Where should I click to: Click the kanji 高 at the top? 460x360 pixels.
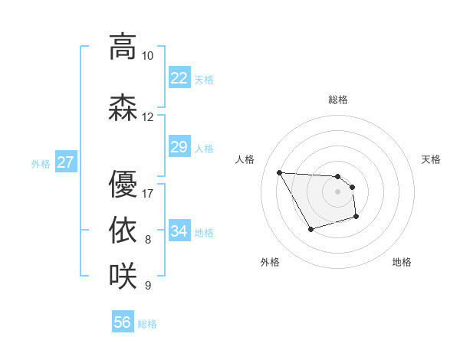tap(122, 47)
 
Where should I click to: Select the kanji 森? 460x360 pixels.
tap(122, 107)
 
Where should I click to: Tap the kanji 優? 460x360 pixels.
tap(122, 184)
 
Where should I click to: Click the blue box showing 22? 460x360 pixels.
tap(179, 78)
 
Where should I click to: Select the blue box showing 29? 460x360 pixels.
tap(179, 147)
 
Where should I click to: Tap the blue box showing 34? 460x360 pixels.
tap(179, 231)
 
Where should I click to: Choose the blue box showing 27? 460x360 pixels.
tap(65, 162)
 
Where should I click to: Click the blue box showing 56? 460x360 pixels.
tap(122, 322)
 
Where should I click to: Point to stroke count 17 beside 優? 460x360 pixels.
tap(147, 193)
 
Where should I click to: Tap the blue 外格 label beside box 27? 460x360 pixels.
tap(41, 163)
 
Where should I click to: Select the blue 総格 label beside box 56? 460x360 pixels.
tap(147, 324)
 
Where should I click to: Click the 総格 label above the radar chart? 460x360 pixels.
tap(338, 100)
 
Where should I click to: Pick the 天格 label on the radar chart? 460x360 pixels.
tap(432, 159)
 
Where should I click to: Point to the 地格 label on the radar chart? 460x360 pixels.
tap(402, 262)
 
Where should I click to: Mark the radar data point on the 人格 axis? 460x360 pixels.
tap(279, 172)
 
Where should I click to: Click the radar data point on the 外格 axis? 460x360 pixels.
tap(310, 229)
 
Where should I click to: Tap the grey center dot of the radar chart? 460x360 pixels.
tap(338, 191)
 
